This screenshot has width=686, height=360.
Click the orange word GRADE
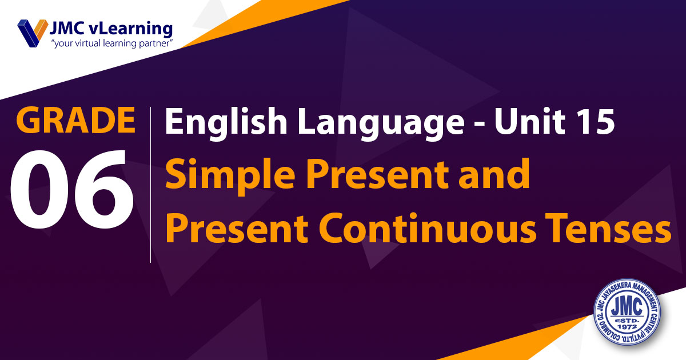[x=75, y=120]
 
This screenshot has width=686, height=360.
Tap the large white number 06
[x=71, y=190]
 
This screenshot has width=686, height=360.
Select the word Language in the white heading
[x=381, y=124]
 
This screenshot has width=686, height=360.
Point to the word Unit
[x=530, y=121]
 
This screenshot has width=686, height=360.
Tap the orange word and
[x=494, y=173]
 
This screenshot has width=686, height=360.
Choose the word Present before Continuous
[x=237, y=229]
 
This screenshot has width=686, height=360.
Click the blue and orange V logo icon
[x=33, y=33]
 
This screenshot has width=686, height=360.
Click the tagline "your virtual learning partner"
[x=112, y=43]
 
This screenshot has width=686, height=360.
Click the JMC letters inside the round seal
[x=627, y=306]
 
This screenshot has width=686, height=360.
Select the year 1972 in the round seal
[x=627, y=327]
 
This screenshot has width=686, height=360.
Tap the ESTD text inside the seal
[x=627, y=320]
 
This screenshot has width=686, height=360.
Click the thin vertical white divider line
[x=151, y=185]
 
